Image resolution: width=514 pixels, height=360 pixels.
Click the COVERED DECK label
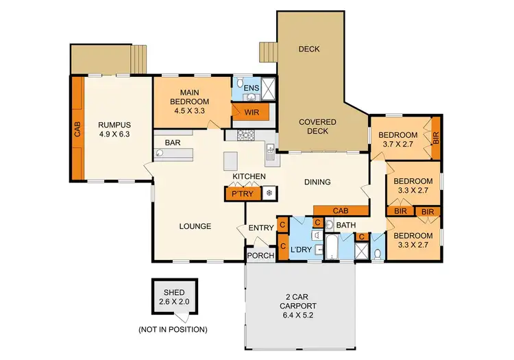317,127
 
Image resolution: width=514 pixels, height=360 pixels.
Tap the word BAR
172,143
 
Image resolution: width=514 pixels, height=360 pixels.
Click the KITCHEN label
249,177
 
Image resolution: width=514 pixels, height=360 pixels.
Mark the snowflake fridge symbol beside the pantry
269,194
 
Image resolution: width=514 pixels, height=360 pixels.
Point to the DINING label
317,182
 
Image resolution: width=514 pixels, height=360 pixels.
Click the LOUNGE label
195,226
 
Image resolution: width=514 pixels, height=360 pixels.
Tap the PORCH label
260,256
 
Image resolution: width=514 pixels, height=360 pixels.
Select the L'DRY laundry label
302,248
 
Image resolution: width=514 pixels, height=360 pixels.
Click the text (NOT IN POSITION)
173,329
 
